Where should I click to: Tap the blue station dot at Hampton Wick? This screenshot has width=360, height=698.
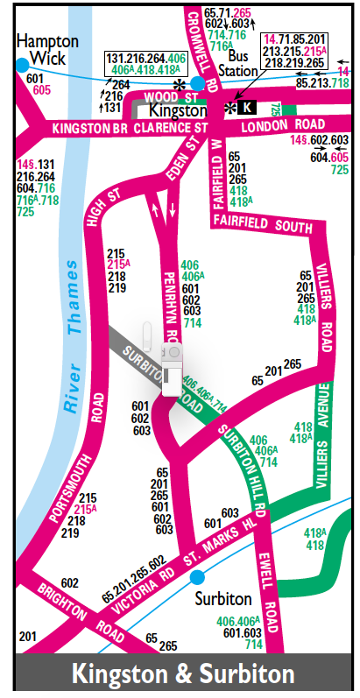pyautogui.click(x=22, y=66)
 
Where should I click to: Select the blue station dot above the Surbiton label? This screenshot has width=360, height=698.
pyautogui.click(x=198, y=576)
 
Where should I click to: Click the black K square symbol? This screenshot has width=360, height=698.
pyautogui.click(x=248, y=107)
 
